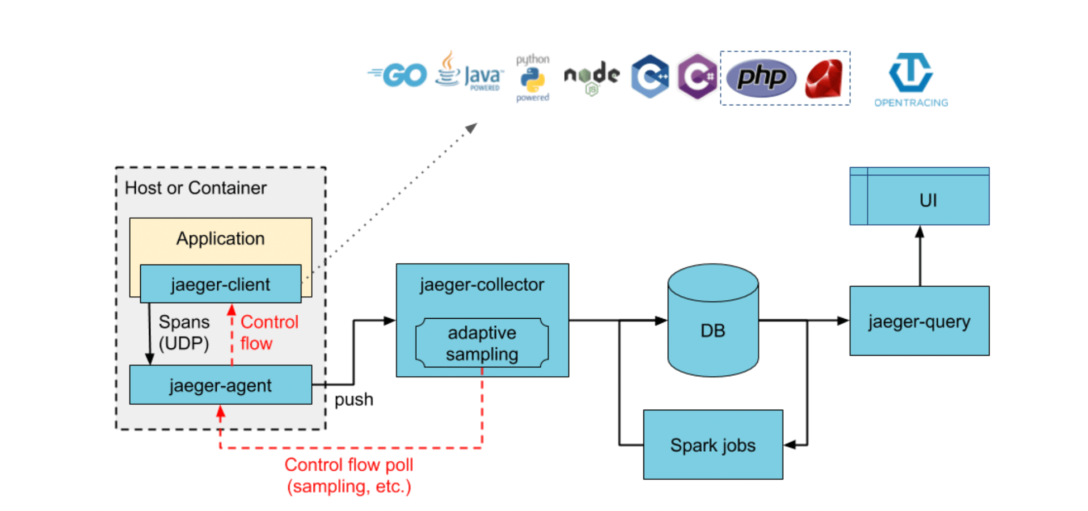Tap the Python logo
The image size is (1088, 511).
pyautogui.click(x=532, y=79)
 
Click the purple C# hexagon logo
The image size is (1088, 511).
pyautogui.click(x=697, y=77)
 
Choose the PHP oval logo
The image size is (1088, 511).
pyautogui.click(x=761, y=77)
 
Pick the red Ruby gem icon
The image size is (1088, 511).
pyautogui.click(x=824, y=79)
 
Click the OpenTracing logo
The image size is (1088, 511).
pyautogui.click(x=911, y=79)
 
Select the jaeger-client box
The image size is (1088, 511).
pyautogui.click(x=221, y=284)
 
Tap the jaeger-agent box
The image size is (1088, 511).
pyautogui.click(x=221, y=385)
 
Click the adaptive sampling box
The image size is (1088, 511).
pyautogui.click(x=482, y=343)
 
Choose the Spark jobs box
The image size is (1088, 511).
pyautogui.click(x=713, y=444)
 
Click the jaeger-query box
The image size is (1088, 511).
pyautogui.click(x=919, y=321)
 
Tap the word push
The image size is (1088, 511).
pyautogui.click(x=354, y=399)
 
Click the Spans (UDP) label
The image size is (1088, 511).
pyautogui.click(x=184, y=332)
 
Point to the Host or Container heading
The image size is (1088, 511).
pyautogui.click(x=195, y=188)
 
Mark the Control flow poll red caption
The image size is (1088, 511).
pyautogui.click(x=349, y=475)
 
